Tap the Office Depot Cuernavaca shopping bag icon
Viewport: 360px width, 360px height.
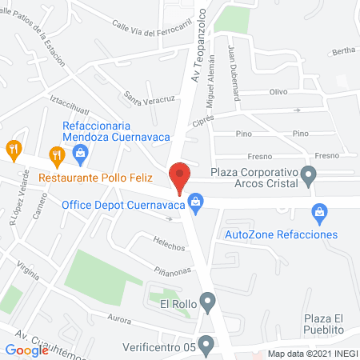(195, 206)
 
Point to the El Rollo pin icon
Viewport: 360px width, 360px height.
(208, 303)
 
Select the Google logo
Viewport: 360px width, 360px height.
(26, 350)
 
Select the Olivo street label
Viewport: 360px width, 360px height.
(278, 92)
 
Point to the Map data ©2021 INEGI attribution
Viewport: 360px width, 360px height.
(311, 353)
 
